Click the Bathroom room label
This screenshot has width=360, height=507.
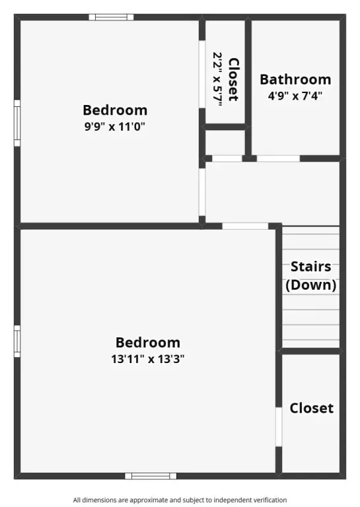pos(295,79)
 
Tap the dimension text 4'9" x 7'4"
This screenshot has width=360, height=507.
pos(295,96)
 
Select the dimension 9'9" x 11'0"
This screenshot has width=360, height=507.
pos(115,127)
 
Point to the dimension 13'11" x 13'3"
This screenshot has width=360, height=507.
pos(148,359)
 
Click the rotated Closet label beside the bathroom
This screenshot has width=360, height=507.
pos(234,79)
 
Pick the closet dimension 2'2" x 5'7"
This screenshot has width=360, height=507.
pos(217,79)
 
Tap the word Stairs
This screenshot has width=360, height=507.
pos(311,267)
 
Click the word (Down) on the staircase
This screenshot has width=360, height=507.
pos(311,285)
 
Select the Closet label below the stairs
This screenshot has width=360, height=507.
pos(312,408)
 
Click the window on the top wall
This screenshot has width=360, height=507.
pos(111,17)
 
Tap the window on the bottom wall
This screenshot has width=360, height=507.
pos(151,476)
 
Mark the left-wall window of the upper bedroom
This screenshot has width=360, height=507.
pos(17,123)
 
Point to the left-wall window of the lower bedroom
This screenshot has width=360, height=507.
pos(17,341)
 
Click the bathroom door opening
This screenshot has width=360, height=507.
pos(278,158)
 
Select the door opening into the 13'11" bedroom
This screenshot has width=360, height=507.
pos(245,226)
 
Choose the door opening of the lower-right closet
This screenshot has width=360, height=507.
pos(279,427)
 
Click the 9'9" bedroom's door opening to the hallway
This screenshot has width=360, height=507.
pos(202,192)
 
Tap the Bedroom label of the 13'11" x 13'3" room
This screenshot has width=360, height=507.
pos(148,343)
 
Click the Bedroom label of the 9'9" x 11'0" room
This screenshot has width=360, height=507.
pos(115,110)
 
